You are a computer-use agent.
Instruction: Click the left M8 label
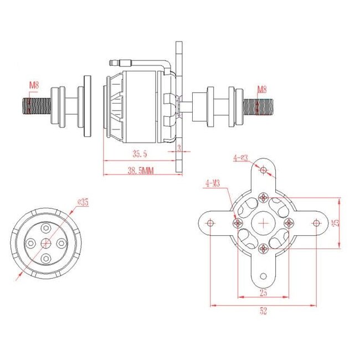[34, 85]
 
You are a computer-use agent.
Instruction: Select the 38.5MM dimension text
[140, 172]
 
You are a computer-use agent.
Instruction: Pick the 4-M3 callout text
[213, 182]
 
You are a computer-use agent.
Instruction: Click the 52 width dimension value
[263, 311]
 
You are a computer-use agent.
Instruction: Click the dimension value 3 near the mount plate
[179, 148]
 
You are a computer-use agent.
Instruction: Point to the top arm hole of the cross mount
[264, 170]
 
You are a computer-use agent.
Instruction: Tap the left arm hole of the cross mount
[210, 223]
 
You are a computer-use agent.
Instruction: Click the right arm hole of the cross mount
[316, 223]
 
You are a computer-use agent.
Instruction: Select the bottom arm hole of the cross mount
[264, 275]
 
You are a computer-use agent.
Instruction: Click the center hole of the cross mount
[264, 223]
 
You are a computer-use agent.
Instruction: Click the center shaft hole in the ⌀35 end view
[47, 244]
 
